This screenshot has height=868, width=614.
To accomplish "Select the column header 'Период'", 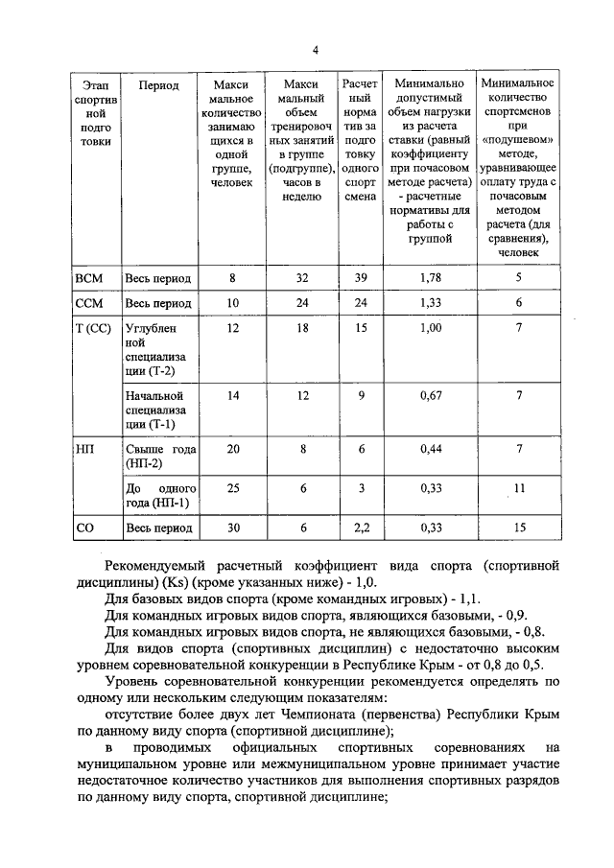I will (158, 85).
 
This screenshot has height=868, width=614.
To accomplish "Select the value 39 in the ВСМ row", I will (360, 279).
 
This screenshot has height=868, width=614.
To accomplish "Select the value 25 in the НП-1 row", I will (232, 488).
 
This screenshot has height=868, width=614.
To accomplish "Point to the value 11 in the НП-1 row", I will (519, 488).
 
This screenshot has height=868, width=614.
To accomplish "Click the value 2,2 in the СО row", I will (360, 528).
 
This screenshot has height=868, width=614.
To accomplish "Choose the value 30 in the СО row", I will (232, 528).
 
